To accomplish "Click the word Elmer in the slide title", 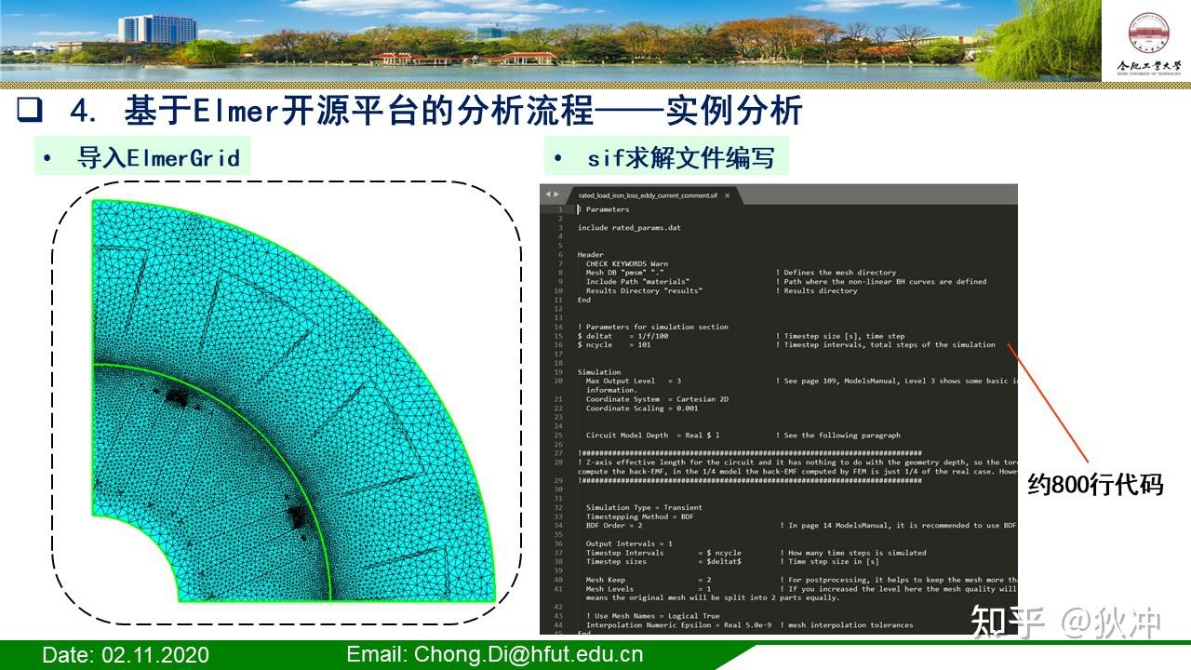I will (236, 112).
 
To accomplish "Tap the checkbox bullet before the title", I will (31, 112).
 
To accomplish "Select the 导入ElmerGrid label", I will (158, 157).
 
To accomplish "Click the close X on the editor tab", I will (728, 195).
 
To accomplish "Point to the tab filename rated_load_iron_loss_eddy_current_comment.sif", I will (648, 195).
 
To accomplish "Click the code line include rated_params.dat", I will (628, 227).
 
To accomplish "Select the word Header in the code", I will (590, 254).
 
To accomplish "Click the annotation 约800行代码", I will (1095, 484).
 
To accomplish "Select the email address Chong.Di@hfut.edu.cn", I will (495, 654).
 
